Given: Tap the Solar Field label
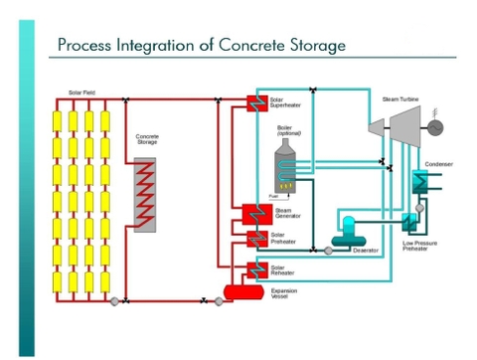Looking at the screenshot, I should pos(80,93).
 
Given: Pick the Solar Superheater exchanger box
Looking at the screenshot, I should pos(254,103).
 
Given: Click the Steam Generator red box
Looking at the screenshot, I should pos(253,214).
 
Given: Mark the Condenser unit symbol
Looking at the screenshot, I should pos(419,181).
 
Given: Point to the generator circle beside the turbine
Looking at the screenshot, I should pos(435,126).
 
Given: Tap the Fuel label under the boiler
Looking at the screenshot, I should pos(272,196).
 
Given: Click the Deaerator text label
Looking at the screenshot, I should pos(366,251).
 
